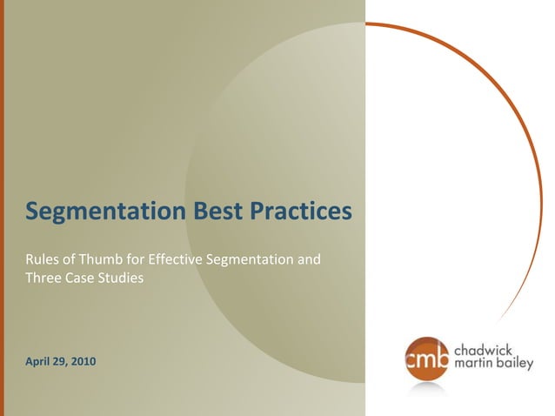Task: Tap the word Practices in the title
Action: click(x=301, y=211)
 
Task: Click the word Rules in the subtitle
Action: click(x=40, y=259)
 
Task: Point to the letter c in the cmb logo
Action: click(x=413, y=359)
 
